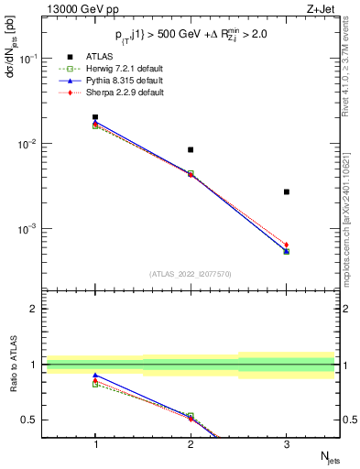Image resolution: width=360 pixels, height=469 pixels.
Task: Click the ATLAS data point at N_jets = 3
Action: [287, 191]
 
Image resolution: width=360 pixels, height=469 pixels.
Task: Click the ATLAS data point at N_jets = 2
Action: [191, 149]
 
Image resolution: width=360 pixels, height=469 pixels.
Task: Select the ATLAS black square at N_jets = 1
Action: [95, 117]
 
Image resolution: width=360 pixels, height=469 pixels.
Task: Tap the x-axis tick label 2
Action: [191, 444]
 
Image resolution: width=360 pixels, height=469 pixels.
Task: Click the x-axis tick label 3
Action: [287, 444]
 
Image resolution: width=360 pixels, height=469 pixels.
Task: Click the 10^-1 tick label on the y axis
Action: [31, 59]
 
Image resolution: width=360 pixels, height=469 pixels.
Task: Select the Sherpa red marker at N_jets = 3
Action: [287, 245]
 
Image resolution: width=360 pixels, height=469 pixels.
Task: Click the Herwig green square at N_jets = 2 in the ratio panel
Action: [191, 416]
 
